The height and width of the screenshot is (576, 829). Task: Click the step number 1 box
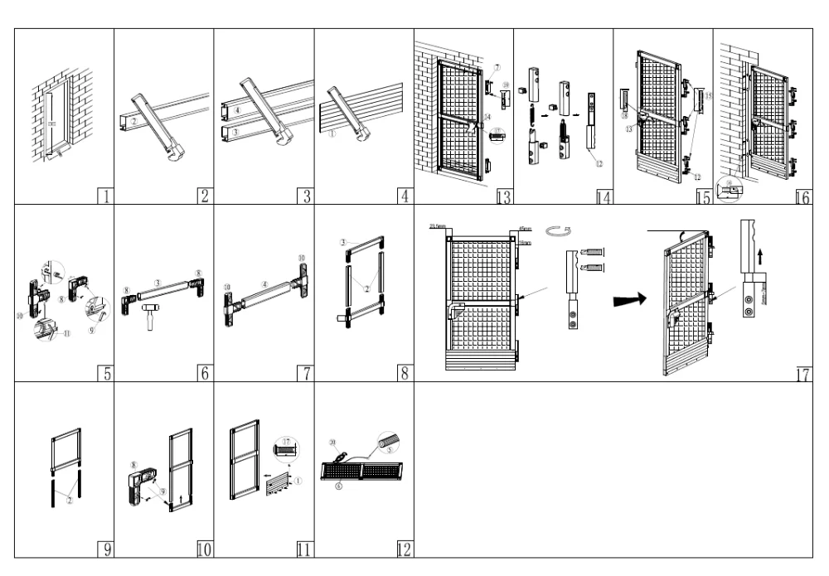tap(105, 196)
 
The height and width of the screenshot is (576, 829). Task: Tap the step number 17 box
tap(802, 375)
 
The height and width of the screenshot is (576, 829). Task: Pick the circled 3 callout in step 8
tap(342, 241)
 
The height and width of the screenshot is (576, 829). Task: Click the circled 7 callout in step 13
tap(497, 65)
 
